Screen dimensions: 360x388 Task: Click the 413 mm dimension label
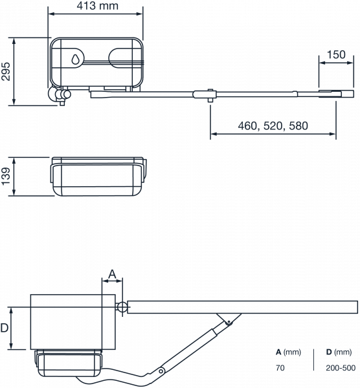[x=97, y=6]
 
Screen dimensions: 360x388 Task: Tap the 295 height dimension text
[x=6, y=72]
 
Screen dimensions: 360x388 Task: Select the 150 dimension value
[x=336, y=55]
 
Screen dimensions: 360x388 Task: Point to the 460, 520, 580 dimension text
[x=273, y=126]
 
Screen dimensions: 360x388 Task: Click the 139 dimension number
[x=6, y=176]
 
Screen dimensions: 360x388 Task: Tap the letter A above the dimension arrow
[x=112, y=274]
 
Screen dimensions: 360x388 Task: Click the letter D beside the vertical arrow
[x=5, y=328]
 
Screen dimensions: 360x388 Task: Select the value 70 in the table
[x=280, y=368]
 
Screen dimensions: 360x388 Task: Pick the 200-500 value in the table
[x=341, y=368]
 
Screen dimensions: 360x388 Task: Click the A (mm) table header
[x=288, y=352]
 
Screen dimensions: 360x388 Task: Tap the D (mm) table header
[x=339, y=352]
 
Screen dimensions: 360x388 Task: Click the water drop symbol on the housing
[x=75, y=59]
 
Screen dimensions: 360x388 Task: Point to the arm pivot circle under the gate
[x=229, y=322]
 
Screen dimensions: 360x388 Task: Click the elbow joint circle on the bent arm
[x=161, y=371]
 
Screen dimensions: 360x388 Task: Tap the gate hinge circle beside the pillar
[x=122, y=307]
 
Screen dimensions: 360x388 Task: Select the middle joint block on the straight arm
[x=205, y=94]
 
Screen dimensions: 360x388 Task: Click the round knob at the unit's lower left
[x=67, y=94]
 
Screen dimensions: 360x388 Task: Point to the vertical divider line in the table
[x=313, y=360]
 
